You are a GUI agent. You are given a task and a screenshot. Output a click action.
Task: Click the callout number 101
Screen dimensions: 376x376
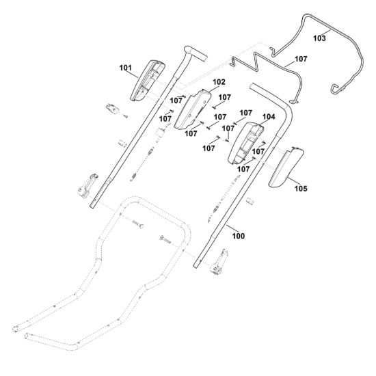click(125, 68)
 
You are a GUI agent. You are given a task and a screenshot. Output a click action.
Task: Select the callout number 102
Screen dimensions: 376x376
click(219, 82)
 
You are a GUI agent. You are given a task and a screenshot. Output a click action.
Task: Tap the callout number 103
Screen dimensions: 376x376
click(320, 38)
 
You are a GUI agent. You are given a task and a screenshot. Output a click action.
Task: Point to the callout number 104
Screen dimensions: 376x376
click(269, 117)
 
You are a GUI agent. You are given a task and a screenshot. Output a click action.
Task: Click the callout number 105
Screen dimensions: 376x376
click(301, 189)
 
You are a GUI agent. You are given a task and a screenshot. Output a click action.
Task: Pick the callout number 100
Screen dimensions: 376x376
click(239, 236)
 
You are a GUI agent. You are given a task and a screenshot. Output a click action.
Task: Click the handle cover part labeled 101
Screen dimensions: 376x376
click(147, 81)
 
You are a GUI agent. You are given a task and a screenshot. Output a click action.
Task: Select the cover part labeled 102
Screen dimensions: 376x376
click(192, 109)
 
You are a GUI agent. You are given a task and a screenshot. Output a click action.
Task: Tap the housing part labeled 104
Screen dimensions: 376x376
click(245, 143)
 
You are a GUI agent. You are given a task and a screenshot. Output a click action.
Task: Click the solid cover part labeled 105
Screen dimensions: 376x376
click(285, 167)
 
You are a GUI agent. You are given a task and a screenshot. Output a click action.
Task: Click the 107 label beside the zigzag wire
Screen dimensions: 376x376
click(301, 59)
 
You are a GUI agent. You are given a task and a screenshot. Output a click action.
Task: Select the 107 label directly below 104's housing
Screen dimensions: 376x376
click(243, 170)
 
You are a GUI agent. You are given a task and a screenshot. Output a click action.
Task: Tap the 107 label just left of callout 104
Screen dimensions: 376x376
click(246, 113)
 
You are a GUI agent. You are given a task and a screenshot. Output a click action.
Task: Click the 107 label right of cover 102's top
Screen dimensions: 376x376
click(225, 97)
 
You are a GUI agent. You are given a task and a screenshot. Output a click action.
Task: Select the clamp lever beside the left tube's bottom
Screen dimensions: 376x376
click(88, 186)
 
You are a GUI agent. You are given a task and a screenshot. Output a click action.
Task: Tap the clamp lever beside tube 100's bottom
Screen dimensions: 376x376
click(219, 262)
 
